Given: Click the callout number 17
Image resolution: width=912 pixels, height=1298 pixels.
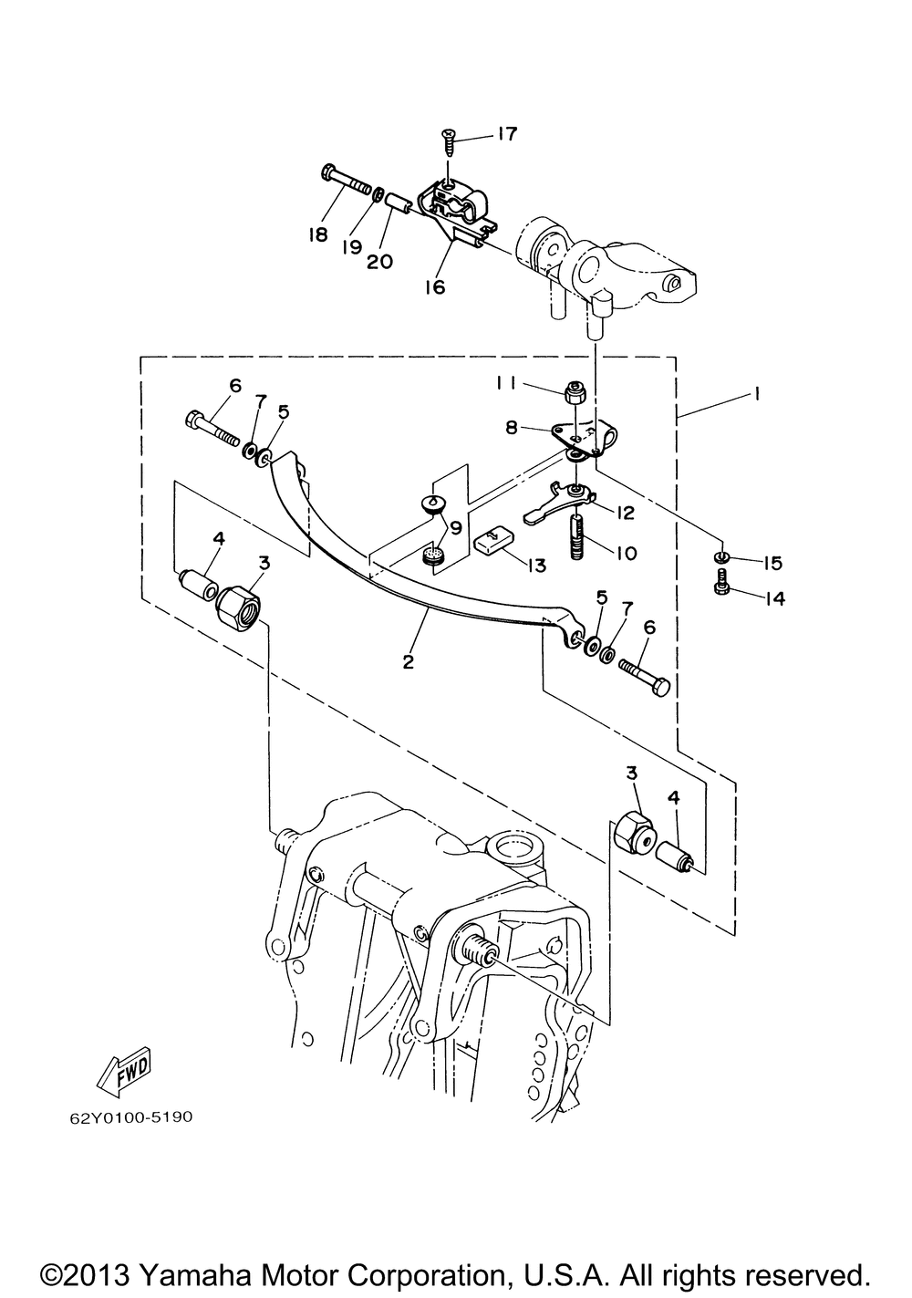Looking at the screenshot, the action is coord(504,134).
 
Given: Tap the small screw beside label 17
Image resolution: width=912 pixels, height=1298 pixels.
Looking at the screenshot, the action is coord(450,141).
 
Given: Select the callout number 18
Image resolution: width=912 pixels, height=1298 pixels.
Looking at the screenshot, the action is coord(317,234).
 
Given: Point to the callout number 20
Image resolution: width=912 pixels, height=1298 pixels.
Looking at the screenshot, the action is coord(379,262).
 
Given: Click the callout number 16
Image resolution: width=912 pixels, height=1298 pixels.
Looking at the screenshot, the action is coord(435,286).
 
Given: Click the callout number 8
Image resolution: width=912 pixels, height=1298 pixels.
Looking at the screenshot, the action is coord(511,428).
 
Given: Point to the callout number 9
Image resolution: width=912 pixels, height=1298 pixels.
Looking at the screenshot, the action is coord(455,528).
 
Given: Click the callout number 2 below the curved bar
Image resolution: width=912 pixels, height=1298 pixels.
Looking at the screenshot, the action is coord(409,661).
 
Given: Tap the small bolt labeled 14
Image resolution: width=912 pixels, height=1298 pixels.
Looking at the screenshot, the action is coord(720,580).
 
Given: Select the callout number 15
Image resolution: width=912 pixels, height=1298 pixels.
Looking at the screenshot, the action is coord(772,563).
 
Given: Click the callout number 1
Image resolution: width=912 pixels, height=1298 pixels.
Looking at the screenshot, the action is coord(755,394).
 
